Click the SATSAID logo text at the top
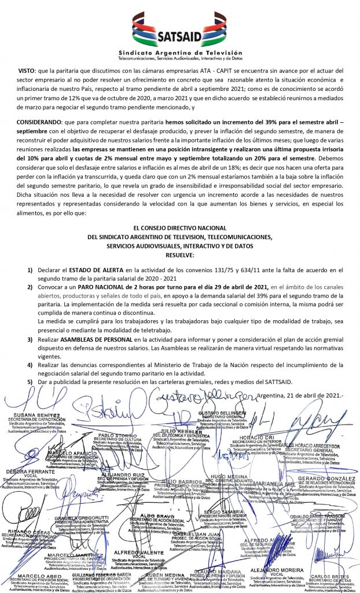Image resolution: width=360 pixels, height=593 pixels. (180, 38)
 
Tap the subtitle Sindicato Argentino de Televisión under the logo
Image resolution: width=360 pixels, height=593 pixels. (180, 52)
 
